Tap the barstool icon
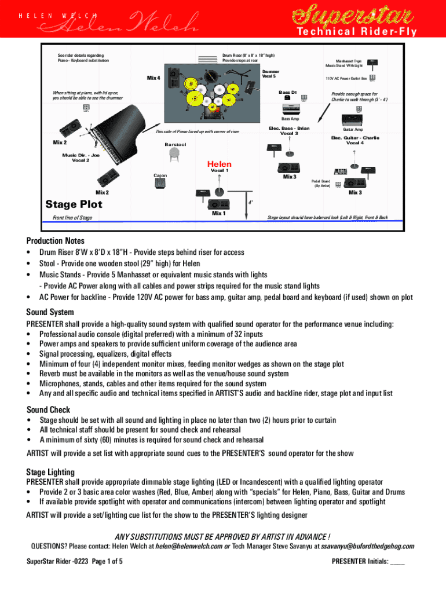coord(174,153)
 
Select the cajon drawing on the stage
coord(160,182)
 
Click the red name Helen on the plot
coord(219,164)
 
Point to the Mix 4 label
coord(153,78)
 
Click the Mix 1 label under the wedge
coord(219,214)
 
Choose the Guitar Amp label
coord(353,129)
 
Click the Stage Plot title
coord(74,204)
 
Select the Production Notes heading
coord(55,240)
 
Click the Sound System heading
coord(51,312)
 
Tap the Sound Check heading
coord(48,409)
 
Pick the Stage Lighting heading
coord(50,471)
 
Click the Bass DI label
coord(287,92)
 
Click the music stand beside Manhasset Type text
coord(373,62)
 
